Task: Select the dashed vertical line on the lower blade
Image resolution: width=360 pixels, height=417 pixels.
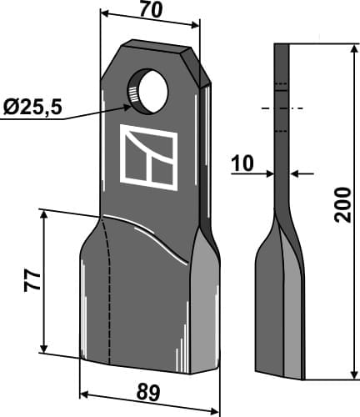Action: (109, 292)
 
